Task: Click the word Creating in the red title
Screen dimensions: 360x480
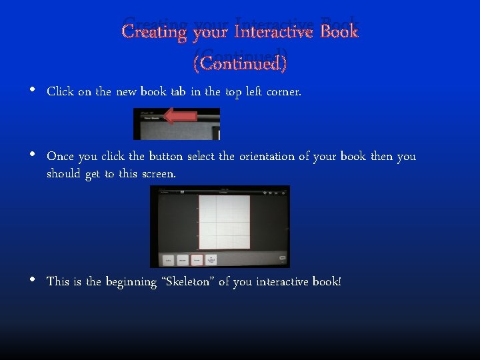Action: (x=154, y=31)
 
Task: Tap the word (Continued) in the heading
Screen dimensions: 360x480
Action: (x=240, y=63)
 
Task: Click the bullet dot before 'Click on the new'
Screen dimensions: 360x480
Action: (x=33, y=91)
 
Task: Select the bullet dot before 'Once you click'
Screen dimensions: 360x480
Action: (x=33, y=155)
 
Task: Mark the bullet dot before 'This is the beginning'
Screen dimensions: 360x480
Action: (x=33, y=280)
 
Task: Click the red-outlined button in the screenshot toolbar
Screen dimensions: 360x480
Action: (x=197, y=260)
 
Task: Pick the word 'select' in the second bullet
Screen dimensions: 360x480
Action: (x=201, y=157)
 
